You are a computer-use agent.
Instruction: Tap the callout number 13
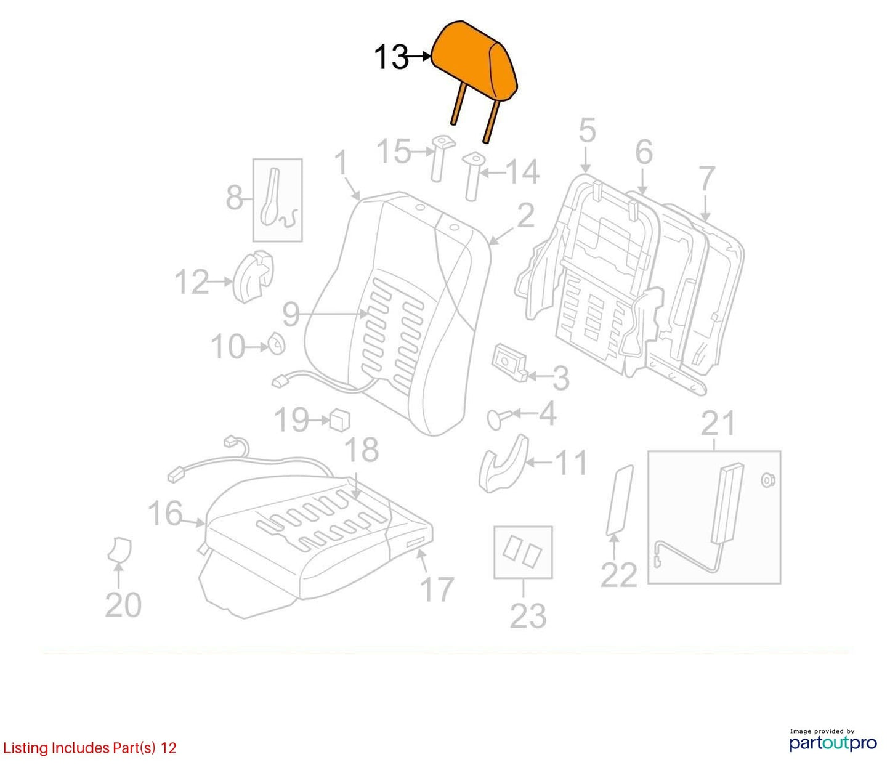(390, 57)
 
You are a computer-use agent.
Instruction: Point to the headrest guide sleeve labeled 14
(472, 177)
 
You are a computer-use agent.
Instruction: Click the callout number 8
(234, 198)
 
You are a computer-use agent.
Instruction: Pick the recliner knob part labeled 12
(253, 277)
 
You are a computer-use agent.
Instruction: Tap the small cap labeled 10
(277, 343)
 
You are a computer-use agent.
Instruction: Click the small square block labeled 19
(340, 419)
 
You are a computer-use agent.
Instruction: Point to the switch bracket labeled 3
(510, 362)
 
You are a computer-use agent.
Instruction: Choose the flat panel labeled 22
(619, 500)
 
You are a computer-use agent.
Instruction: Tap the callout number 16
(165, 513)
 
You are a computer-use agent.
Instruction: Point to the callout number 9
(291, 314)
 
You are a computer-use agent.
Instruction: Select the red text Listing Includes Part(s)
(79, 748)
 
